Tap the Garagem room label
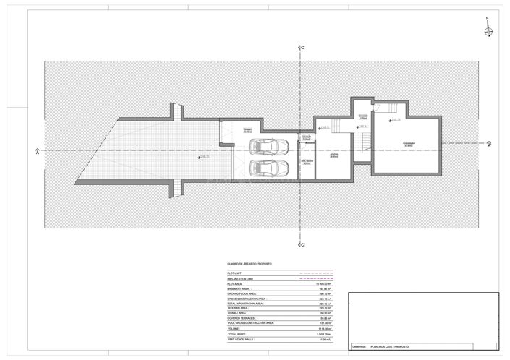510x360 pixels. point(227,131)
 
